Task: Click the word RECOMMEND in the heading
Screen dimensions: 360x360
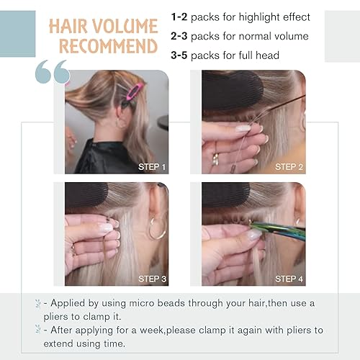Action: [x=108, y=48]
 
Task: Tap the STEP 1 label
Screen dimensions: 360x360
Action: [x=152, y=167]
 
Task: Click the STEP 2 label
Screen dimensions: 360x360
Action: [x=289, y=167]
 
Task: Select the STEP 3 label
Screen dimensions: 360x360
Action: [x=152, y=279]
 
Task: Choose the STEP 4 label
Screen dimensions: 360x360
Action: [x=289, y=279]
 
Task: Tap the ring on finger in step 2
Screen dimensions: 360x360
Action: [x=215, y=156]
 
